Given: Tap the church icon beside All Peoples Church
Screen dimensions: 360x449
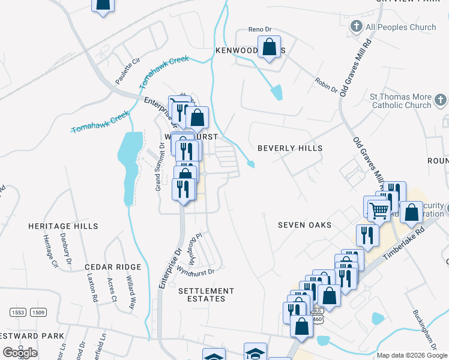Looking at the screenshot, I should [x=356, y=26].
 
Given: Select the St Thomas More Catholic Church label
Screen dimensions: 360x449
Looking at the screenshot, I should [x=400, y=101].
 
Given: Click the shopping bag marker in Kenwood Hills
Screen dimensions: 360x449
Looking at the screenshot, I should [x=270, y=47].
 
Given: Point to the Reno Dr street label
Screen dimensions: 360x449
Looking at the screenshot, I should [x=261, y=29].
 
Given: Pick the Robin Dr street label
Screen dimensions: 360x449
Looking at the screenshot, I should [x=326, y=85].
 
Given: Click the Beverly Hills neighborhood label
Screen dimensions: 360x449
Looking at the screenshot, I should [x=290, y=148].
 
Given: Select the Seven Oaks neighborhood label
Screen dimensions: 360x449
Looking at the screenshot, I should [x=304, y=225].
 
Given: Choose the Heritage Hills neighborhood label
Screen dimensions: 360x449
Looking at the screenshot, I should [x=63, y=226].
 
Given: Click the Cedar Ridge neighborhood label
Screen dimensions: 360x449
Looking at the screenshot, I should [x=113, y=267].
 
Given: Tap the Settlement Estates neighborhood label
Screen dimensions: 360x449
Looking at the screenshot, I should [x=206, y=295].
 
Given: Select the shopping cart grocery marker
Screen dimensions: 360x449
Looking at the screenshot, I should [x=379, y=211].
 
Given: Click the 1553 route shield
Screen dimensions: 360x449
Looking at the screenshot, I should [x=18, y=312].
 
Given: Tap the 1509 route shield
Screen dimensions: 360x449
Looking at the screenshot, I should [x=38, y=312].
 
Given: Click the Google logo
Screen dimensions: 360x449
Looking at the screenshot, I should [x=20, y=353].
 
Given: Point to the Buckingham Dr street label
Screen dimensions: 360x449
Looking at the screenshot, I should [x=424, y=329].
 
